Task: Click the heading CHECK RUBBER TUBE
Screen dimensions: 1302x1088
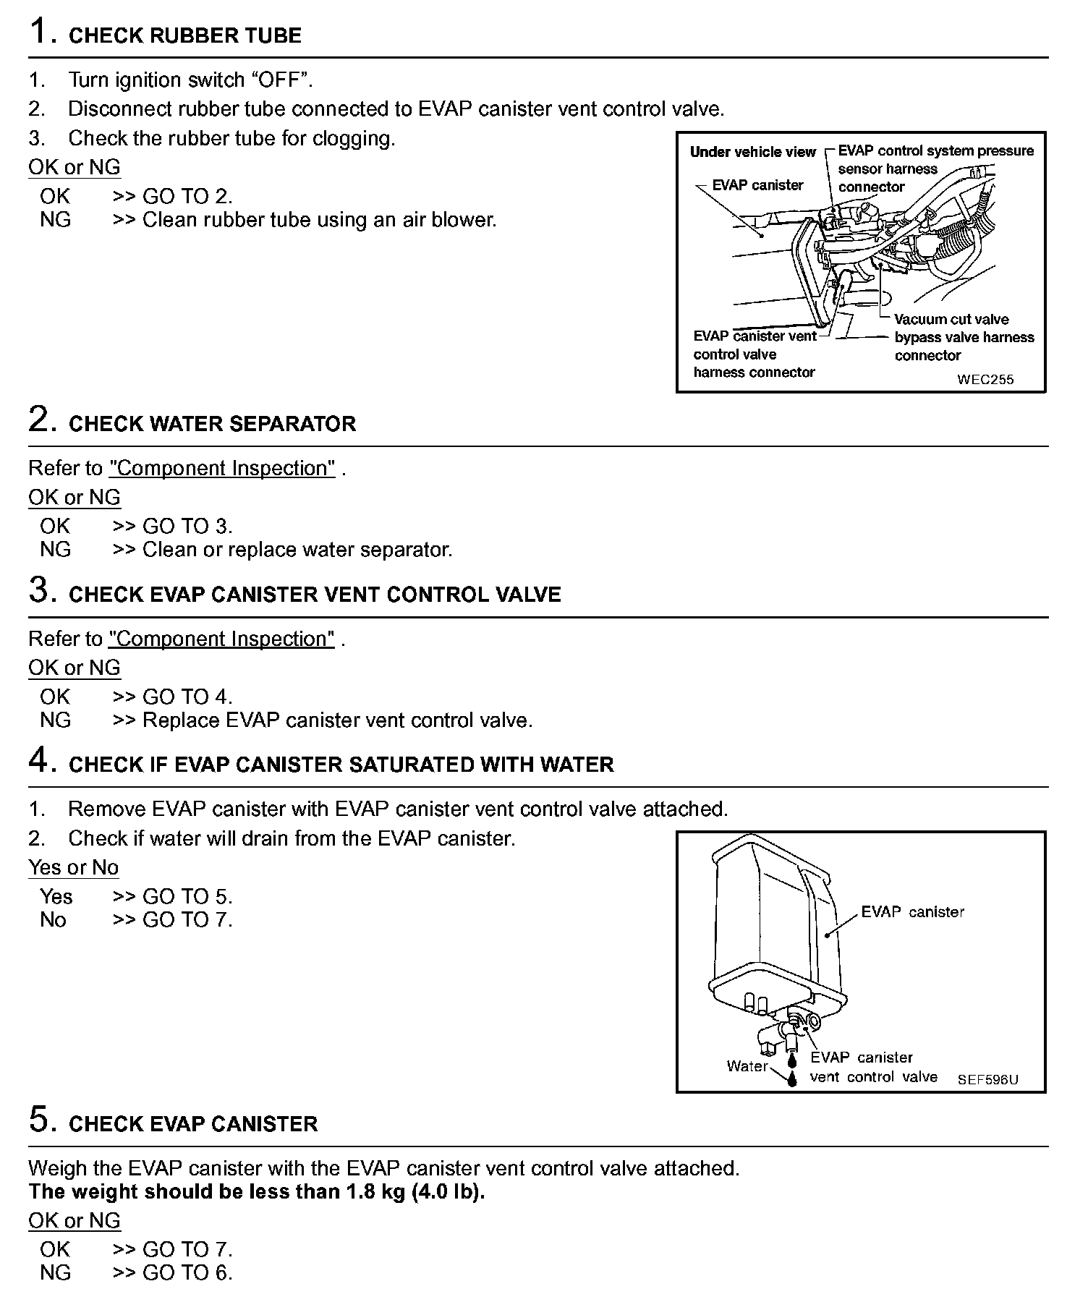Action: pyautogui.click(x=184, y=35)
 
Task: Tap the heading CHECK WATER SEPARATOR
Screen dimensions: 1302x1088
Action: pyautogui.click(x=212, y=424)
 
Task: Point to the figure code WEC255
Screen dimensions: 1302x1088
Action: pyautogui.click(x=985, y=379)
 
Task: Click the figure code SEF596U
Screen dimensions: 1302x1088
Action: pyautogui.click(x=987, y=1079)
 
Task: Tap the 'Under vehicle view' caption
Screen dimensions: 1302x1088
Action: pyautogui.click(x=752, y=152)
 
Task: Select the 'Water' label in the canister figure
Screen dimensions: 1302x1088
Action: pyautogui.click(x=747, y=1065)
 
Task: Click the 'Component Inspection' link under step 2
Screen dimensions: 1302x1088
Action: pyautogui.click(x=222, y=469)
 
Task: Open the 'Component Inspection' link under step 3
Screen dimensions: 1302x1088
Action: pyautogui.click(x=221, y=639)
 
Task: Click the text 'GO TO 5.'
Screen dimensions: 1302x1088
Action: pyautogui.click(x=187, y=897)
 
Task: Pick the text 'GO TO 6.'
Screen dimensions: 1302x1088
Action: pyautogui.click(x=187, y=1272)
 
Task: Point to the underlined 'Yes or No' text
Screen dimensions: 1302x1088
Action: pyautogui.click(x=73, y=867)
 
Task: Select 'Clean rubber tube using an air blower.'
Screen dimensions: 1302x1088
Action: pyautogui.click(x=319, y=220)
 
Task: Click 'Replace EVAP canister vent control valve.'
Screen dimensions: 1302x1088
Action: pyautogui.click(x=337, y=720)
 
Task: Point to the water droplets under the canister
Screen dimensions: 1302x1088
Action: pyautogui.click(x=793, y=1069)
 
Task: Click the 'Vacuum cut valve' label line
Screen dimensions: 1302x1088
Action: pyautogui.click(x=951, y=319)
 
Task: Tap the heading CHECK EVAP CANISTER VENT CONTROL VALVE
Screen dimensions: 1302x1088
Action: pyautogui.click(x=315, y=595)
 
